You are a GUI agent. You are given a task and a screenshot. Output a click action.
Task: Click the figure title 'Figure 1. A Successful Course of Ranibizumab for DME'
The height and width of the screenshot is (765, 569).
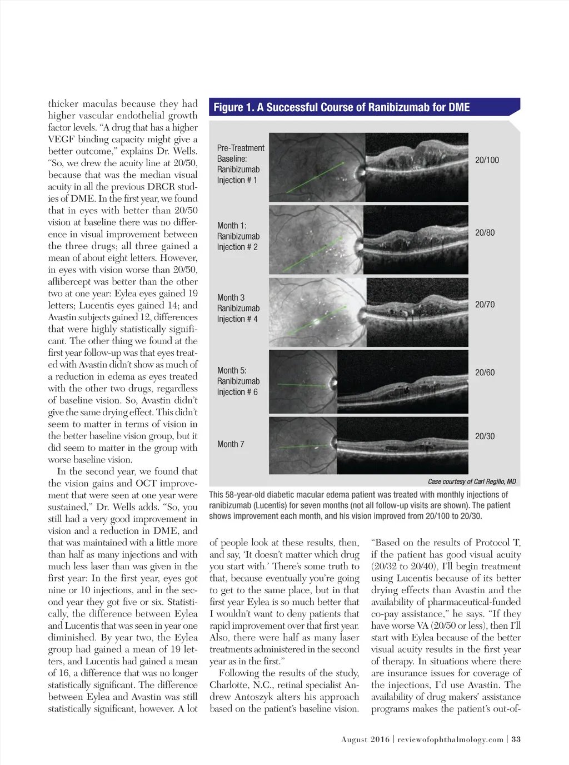point(341,107)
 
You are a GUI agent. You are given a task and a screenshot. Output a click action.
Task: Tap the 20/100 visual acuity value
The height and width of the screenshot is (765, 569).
point(487,160)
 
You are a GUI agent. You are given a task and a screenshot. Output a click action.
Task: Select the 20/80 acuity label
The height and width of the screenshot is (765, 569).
point(485,232)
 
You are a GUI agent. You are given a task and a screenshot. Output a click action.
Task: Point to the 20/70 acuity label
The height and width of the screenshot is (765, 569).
point(485,305)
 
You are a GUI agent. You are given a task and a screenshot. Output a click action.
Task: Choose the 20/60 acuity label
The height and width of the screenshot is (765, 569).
point(485,372)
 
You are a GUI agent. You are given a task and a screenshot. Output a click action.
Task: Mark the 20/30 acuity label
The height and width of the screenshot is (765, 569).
point(485,436)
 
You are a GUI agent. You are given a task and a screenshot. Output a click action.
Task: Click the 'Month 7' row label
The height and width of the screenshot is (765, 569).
point(231,444)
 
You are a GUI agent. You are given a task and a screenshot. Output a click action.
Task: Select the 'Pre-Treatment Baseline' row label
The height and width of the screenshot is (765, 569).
point(240,153)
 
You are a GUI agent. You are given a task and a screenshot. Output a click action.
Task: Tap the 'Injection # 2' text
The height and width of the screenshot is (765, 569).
point(237,247)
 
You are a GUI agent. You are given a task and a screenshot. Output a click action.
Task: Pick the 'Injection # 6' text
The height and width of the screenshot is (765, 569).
point(237,392)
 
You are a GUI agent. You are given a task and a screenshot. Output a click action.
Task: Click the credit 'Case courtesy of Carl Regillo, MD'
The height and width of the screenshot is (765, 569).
point(472,481)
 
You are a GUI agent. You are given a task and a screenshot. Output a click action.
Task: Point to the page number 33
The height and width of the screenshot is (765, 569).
point(516,739)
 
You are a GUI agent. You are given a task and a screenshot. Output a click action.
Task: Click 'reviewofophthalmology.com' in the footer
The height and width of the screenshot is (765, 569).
point(450,739)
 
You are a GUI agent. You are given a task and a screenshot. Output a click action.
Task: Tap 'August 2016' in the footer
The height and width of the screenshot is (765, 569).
point(365,739)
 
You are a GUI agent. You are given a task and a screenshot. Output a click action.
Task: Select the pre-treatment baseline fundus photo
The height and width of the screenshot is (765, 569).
point(317,167)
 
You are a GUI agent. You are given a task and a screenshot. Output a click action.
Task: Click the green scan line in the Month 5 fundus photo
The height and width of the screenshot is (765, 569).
point(303,385)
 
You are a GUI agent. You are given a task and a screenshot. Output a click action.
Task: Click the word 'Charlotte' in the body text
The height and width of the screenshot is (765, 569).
point(229,685)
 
